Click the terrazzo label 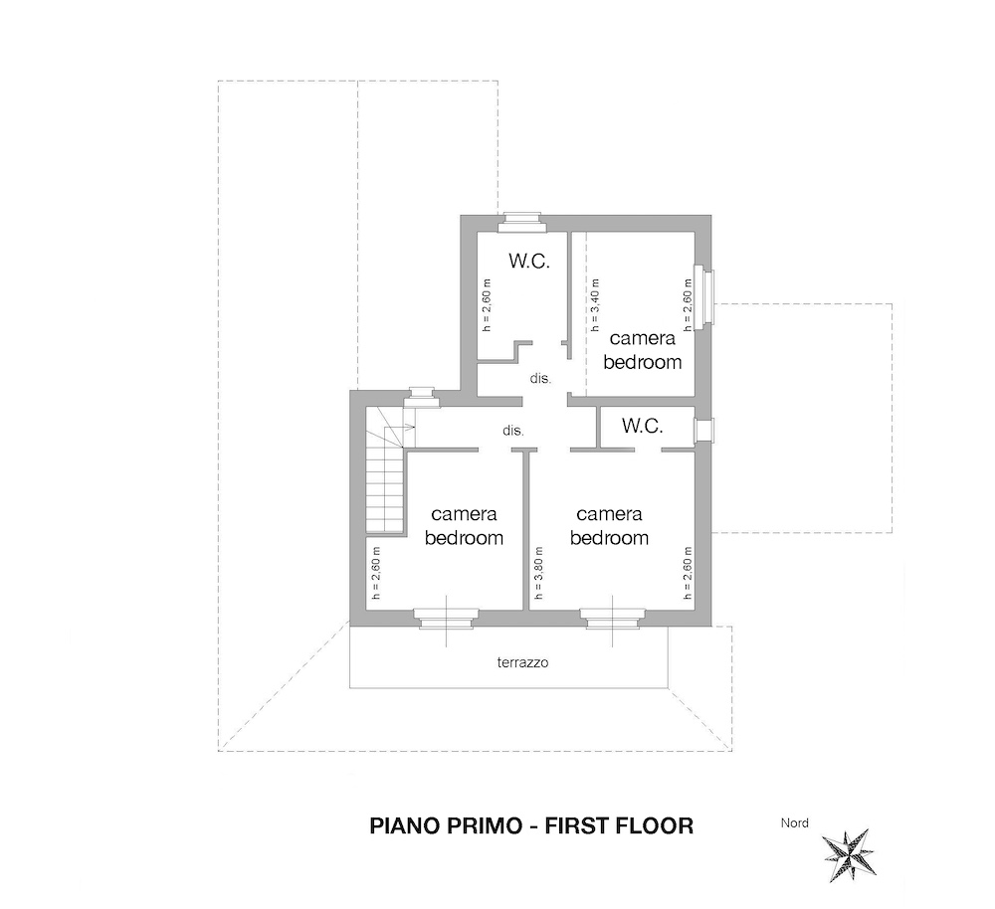tap(522, 663)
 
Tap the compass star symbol tap(849, 855)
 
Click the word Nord tap(794, 822)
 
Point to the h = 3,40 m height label tap(595, 305)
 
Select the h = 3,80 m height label tap(538, 573)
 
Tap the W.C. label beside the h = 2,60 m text tap(528, 261)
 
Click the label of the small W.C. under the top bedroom tap(642, 426)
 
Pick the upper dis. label tap(540, 379)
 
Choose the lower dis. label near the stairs tap(512, 431)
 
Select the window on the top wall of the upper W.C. tap(521, 220)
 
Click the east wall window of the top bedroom tap(704, 297)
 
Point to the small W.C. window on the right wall tap(703, 430)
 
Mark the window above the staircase tap(419, 397)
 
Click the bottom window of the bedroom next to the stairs tap(446, 619)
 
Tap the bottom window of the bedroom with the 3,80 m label tap(612, 619)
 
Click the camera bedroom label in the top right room tap(642, 350)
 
